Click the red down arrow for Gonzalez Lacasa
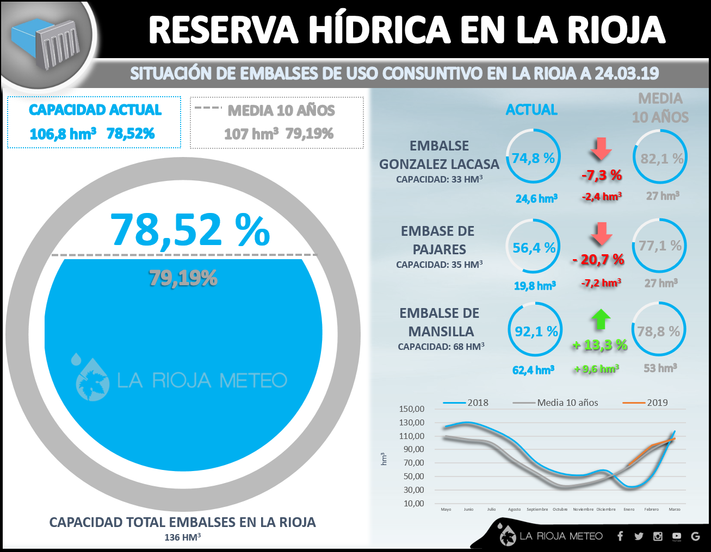pos(601,149)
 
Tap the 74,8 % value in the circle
pos(533,158)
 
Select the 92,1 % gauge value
pos(536,331)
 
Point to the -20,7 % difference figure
pos(598,260)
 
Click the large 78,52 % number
pos(190,230)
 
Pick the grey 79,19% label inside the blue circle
pos(183,278)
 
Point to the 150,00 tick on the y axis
pos(411,409)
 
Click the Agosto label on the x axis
pos(514,510)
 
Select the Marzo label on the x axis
pos(675,510)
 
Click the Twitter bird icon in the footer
pos(639,536)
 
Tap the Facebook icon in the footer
pos(620,536)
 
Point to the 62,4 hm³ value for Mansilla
pos(533,370)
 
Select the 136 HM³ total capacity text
pos(183,537)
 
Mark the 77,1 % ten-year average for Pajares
pos(660,246)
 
